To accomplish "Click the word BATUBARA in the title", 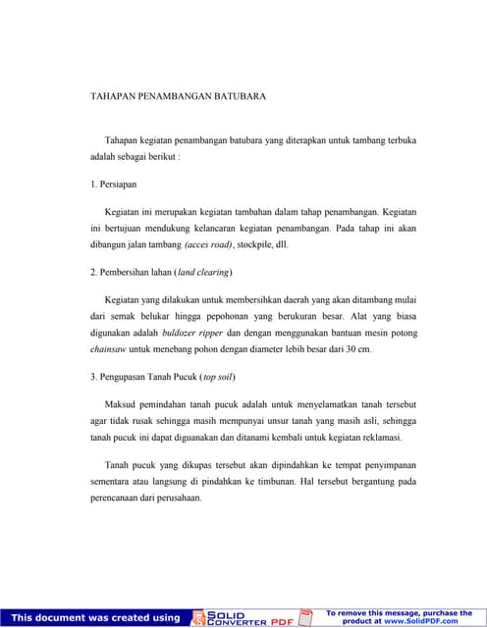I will pos(236,97).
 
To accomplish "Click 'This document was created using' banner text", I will pos(95,617).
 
